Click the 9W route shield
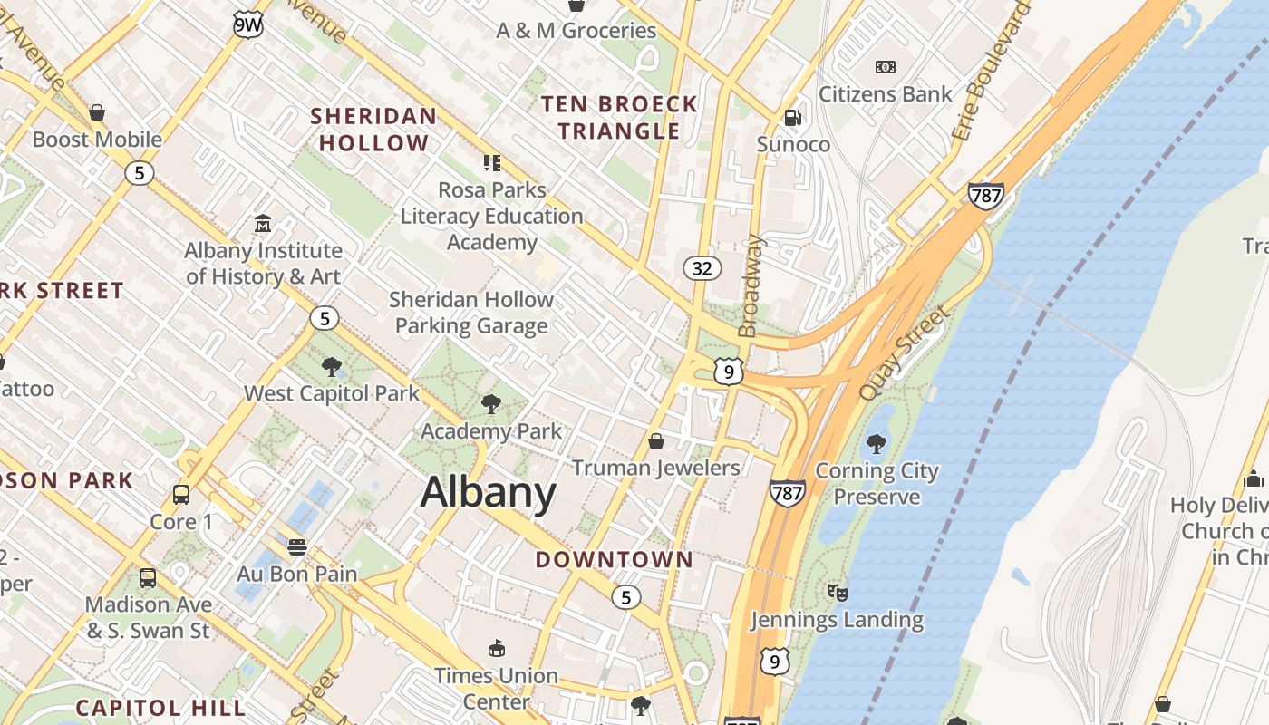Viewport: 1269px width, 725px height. pyautogui.click(x=247, y=24)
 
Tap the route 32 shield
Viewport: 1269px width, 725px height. pyautogui.click(x=702, y=267)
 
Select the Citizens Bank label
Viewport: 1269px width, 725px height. pyautogui.click(x=886, y=93)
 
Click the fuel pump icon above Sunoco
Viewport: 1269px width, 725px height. pyautogui.click(x=792, y=118)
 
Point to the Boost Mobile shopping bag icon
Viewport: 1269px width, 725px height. pyautogui.click(x=97, y=112)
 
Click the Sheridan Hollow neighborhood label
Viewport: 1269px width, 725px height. pyautogui.click(x=373, y=130)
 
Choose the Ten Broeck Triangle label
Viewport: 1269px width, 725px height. pyautogui.click(x=619, y=117)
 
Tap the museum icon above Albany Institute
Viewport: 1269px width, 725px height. pyautogui.click(x=263, y=223)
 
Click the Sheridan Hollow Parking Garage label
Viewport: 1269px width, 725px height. pyautogui.click(x=471, y=313)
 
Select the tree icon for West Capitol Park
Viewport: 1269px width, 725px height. pyautogui.click(x=332, y=367)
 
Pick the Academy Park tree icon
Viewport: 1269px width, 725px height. pyautogui.click(x=491, y=403)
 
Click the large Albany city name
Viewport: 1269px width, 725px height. pyautogui.click(x=488, y=492)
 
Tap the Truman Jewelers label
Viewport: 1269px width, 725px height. pyautogui.click(x=656, y=468)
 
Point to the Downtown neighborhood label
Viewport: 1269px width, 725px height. pyautogui.click(x=614, y=559)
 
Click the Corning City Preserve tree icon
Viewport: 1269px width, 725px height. pyautogui.click(x=876, y=443)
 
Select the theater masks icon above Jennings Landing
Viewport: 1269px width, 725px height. pyautogui.click(x=838, y=593)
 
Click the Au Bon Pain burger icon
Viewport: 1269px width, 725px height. pyautogui.click(x=297, y=547)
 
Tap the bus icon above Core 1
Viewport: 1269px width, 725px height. pyautogui.click(x=181, y=495)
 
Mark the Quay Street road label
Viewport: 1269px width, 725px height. pyautogui.click(x=904, y=353)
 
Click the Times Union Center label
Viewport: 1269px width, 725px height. pyautogui.click(x=496, y=688)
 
